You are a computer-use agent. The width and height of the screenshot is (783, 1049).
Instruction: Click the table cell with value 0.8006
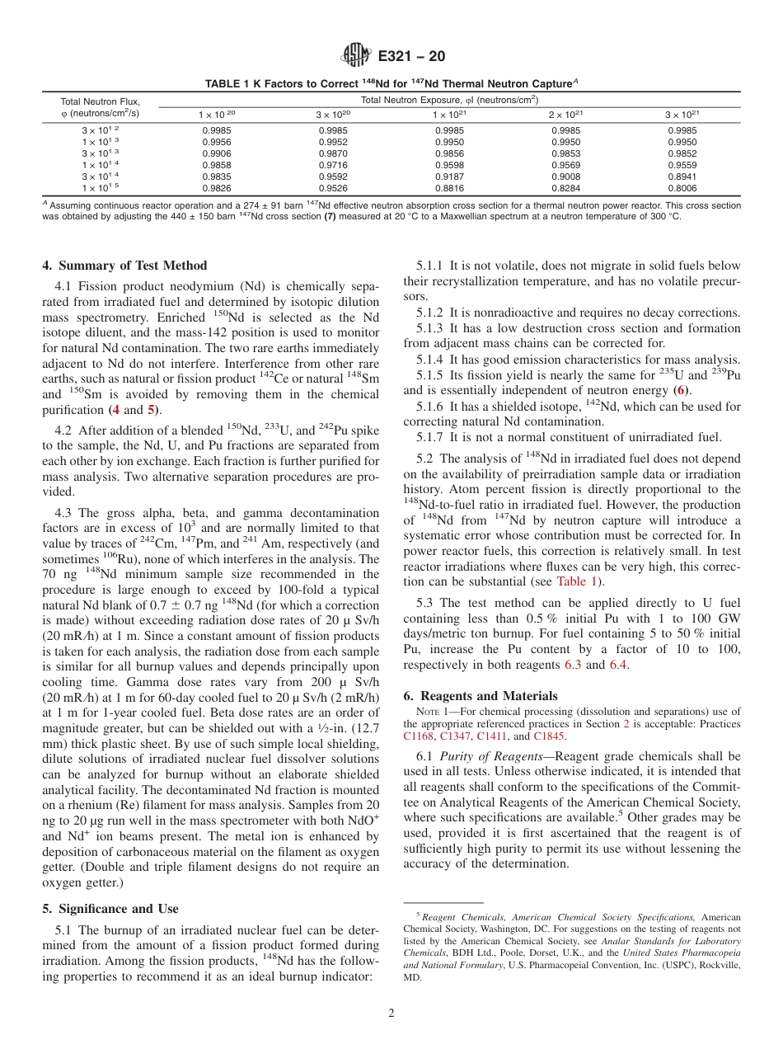[x=682, y=188]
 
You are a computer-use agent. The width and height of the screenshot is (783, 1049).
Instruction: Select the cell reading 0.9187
[x=449, y=176]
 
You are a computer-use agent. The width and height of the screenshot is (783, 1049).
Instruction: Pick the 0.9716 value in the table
[x=333, y=165]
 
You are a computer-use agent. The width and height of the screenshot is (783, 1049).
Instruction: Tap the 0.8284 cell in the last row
[x=565, y=188]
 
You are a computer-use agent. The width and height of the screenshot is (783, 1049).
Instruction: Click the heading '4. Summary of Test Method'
[x=124, y=266]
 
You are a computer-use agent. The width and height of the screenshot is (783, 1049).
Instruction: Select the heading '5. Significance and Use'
[x=110, y=909]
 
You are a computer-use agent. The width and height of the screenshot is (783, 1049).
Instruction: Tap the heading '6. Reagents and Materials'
[x=481, y=696]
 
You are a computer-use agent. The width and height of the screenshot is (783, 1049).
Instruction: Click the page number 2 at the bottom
[x=391, y=1013]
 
